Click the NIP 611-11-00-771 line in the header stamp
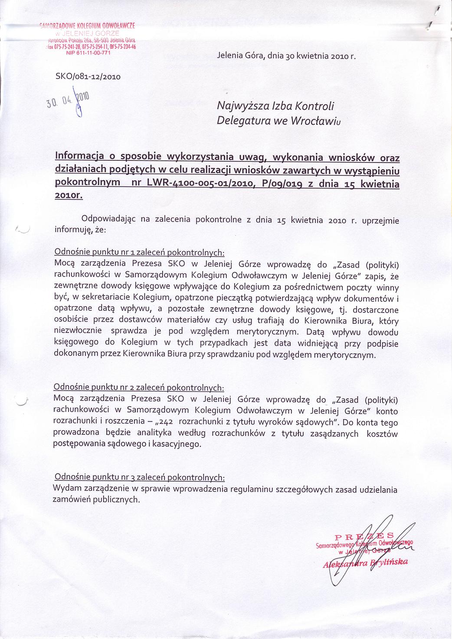[x=88, y=53]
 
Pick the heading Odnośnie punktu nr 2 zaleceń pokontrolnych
[x=139, y=387]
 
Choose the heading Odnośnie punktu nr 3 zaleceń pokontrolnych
[x=139, y=477]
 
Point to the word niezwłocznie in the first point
[x=78, y=332]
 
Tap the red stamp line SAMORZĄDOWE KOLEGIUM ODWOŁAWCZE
[x=88, y=25]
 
